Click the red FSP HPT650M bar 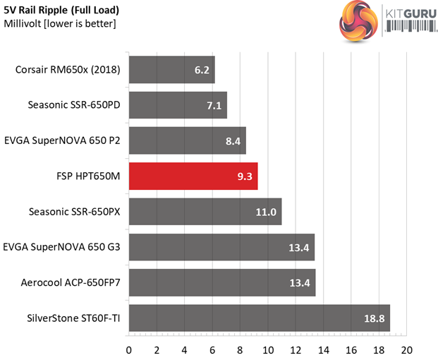[193, 175]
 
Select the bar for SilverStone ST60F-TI [259, 318]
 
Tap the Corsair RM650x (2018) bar [171, 70]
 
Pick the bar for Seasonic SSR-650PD [178, 105]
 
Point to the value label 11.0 [265, 211]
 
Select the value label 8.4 [231, 140]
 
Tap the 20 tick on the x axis [406, 350]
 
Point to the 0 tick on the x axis [129, 350]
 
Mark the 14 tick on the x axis [323, 350]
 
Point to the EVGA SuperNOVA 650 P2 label [62, 140]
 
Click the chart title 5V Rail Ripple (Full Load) [61, 11]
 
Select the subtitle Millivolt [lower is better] [60, 24]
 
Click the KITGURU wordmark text [409, 13]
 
